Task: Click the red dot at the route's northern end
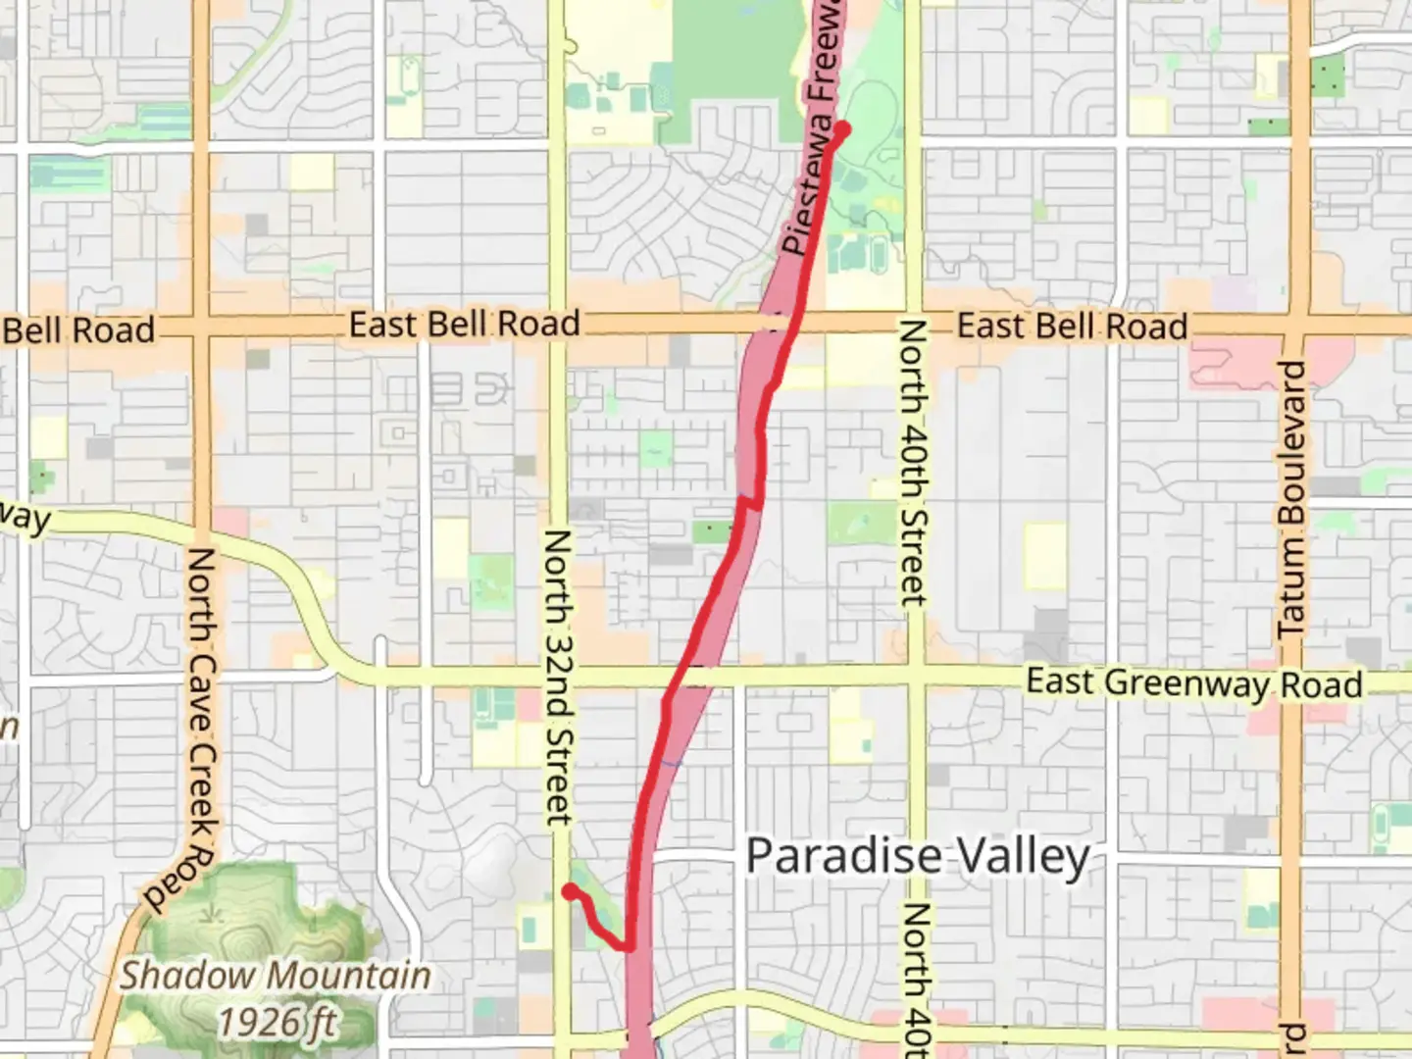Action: (841, 129)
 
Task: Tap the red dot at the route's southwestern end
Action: (569, 891)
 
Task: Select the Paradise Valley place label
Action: (918, 856)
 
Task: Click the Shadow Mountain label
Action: (276, 976)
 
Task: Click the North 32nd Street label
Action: (557, 677)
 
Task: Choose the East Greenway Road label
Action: (1193, 682)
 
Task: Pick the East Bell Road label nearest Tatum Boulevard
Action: (1072, 326)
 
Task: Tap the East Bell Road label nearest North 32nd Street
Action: (464, 324)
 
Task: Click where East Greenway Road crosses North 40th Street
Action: (914, 675)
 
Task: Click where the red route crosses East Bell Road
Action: (792, 325)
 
